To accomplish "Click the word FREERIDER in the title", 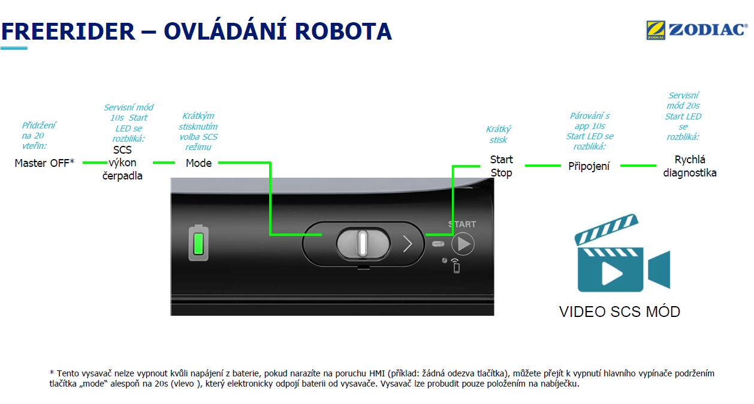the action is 68,32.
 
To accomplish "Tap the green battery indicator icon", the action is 198,243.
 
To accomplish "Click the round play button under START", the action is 463,244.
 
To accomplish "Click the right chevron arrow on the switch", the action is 408,244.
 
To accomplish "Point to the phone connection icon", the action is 456,266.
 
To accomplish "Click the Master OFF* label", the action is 44,163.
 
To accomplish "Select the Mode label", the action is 198,163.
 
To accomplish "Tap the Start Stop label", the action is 501,166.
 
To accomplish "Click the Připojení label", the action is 589,166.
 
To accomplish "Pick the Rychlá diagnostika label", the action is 690,166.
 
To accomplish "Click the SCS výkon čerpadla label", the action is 122,163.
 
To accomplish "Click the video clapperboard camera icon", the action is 622,253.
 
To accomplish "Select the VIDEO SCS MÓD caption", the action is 620,312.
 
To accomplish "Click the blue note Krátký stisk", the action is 498,134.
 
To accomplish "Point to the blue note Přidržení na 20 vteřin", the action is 38,136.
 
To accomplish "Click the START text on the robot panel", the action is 462,225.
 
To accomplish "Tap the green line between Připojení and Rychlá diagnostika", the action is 638,166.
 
